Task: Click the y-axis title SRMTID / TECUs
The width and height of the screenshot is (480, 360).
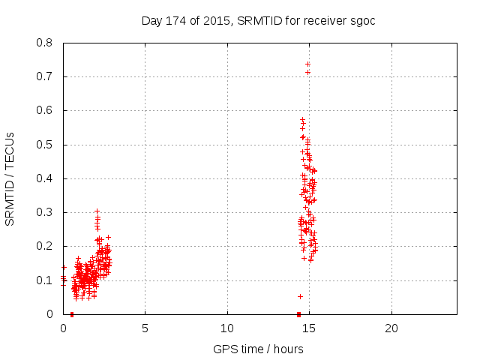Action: (x=10, y=178)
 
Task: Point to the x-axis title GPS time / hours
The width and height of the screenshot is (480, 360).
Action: (x=258, y=349)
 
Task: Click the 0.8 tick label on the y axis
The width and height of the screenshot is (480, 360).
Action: (x=46, y=43)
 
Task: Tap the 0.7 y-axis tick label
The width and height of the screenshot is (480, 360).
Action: (x=46, y=76)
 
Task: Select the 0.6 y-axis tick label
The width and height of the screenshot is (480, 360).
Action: (x=46, y=110)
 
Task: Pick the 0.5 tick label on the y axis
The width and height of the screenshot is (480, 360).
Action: (x=46, y=145)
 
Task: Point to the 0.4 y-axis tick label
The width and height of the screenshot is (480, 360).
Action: (x=46, y=178)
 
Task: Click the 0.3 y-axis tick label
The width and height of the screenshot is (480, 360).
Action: (x=46, y=212)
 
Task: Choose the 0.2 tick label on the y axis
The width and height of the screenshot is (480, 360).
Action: (x=46, y=246)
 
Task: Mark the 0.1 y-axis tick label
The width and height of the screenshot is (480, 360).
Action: (x=46, y=280)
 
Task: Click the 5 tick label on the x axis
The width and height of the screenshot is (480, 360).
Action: (x=145, y=328)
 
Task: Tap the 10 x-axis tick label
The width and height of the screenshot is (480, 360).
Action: (x=226, y=328)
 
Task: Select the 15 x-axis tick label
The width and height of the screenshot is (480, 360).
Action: (x=308, y=328)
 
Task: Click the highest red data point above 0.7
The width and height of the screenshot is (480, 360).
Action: (x=307, y=64)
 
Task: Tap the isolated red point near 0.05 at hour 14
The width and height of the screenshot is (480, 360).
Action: (x=300, y=296)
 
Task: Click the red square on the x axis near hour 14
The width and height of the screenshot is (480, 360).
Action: (x=298, y=314)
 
